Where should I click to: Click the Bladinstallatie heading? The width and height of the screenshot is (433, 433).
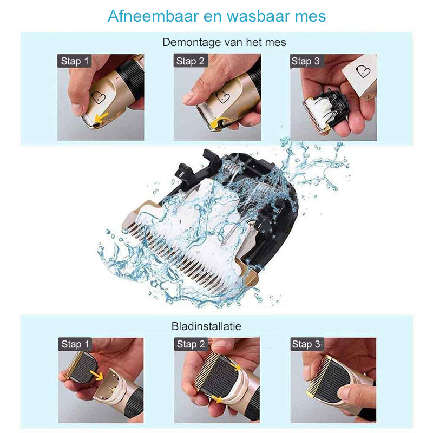point(206,326)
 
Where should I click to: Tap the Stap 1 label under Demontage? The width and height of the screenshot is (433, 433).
point(74,61)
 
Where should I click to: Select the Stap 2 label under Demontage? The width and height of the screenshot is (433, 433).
point(190,61)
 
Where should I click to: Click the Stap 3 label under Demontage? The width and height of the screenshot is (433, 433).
point(306,61)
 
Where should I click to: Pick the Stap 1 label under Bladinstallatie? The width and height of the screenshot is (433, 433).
point(75,344)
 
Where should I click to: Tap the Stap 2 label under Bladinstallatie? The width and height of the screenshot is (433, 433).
point(191,344)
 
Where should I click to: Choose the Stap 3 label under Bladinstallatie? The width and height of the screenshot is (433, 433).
point(306,344)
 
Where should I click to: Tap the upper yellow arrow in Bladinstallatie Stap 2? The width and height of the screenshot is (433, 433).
point(236,367)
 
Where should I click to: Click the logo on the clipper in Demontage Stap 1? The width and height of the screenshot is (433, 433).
point(97,98)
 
